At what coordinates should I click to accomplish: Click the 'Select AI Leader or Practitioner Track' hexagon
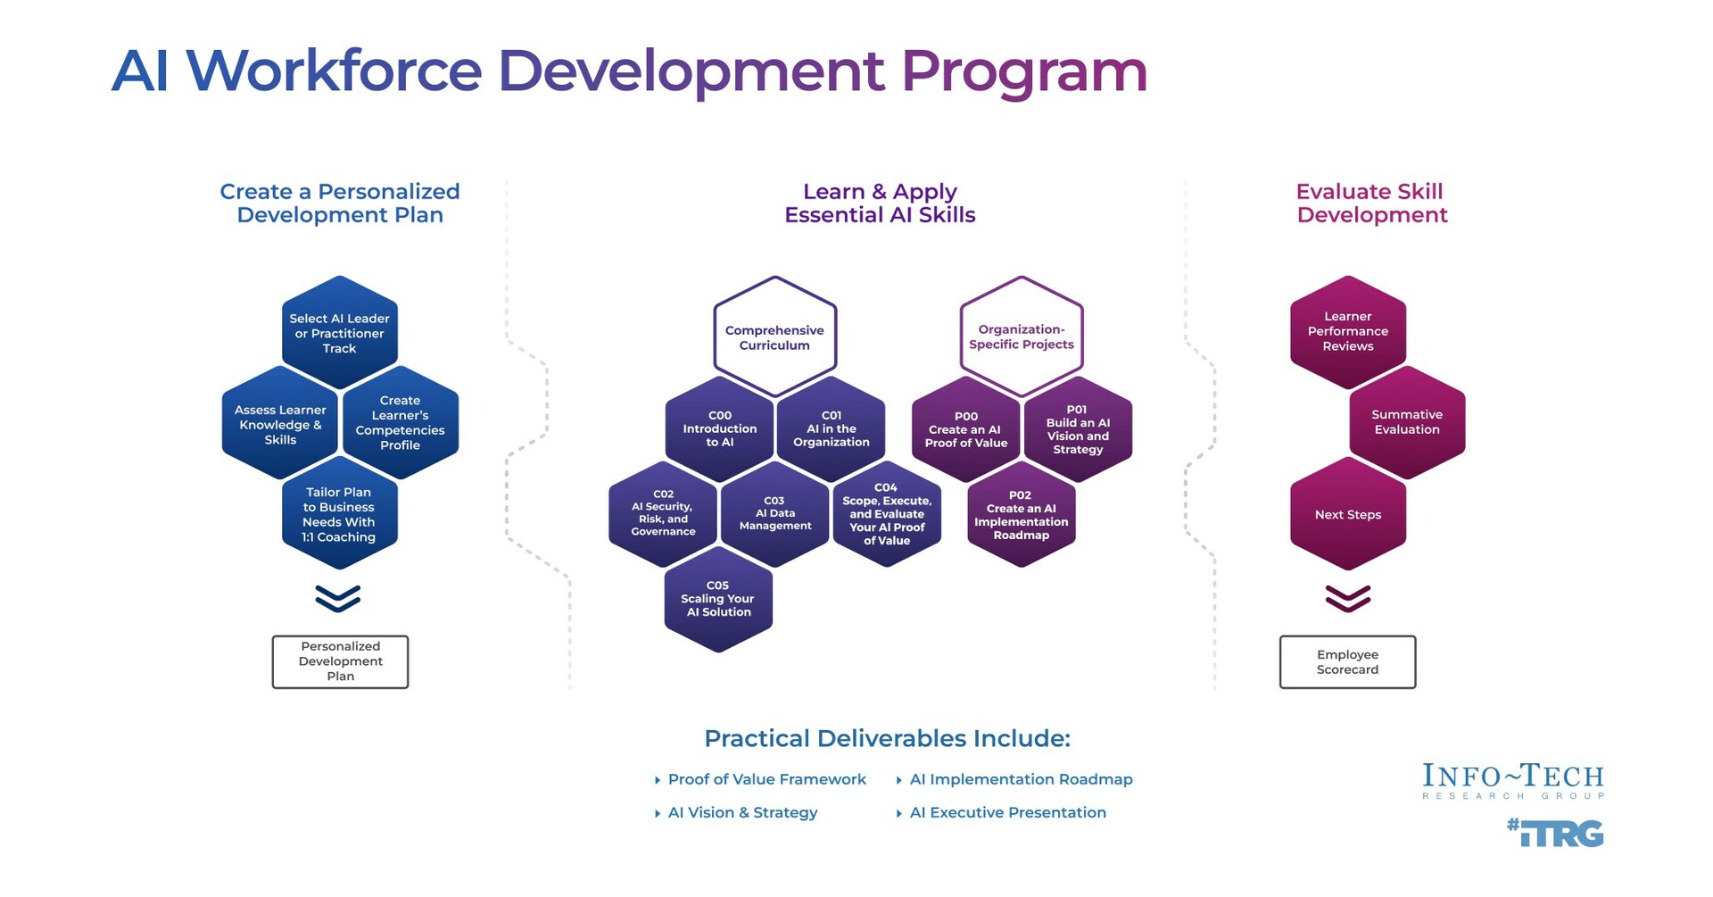(x=339, y=333)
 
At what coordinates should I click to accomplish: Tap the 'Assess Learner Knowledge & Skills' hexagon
(x=280, y=425)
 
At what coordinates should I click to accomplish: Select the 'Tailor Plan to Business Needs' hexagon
(x=339, y=514)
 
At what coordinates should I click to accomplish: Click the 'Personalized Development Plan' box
(x=340, y=661)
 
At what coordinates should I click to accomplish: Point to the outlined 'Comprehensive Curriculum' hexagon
(x=774, y=337)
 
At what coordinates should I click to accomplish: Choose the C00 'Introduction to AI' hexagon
(x=719, y=429)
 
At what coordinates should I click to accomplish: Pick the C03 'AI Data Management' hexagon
(x=774, y=514)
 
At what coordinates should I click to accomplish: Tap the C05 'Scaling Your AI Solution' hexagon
(x=718, y=599)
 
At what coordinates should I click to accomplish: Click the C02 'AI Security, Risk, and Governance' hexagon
(x=663, y=513)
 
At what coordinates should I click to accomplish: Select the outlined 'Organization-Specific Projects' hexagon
(x=1022, y=336)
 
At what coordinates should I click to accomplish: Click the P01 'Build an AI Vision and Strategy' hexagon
(x=1078, y=430)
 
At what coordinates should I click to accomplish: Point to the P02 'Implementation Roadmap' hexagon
(x=1022, y=515)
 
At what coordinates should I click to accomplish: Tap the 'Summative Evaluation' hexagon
(x=1407, y=422)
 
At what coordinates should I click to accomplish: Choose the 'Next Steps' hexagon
(x=1348, y=515)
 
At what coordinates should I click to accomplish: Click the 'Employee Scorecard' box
(x=1347, y=662)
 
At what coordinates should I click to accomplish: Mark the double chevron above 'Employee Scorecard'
(x=1348, y=598)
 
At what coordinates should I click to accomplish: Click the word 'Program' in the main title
(x=1024, y=71)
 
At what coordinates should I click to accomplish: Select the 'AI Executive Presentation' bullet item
(x=1007, y=813)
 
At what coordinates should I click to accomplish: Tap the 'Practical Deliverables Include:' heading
(x=887, y=739)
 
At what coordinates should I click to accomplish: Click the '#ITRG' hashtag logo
(x=1556, y=833)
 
